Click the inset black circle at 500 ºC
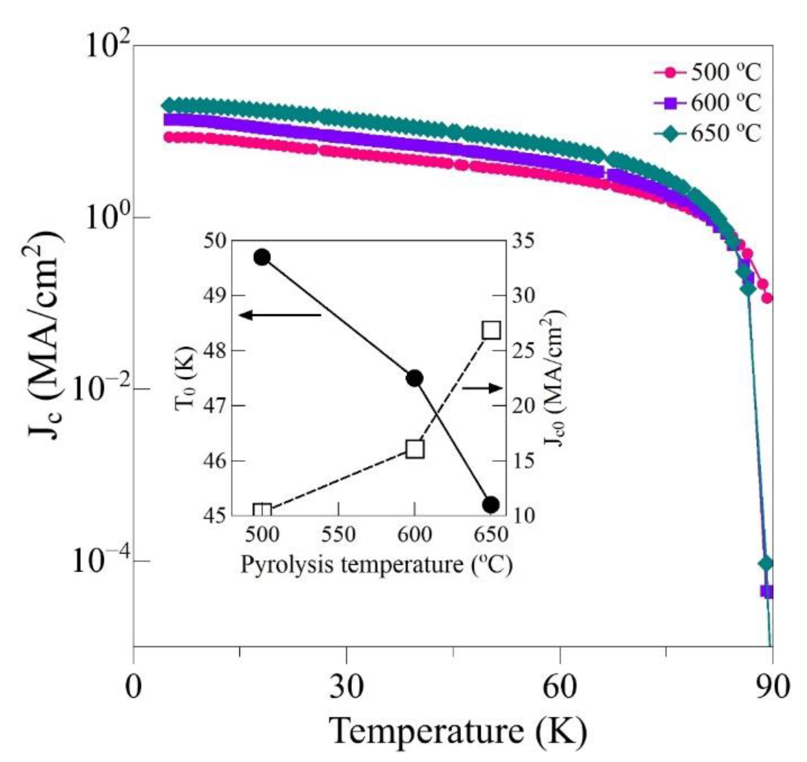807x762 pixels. coord(262,257)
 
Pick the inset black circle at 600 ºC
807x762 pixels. coord(414,378)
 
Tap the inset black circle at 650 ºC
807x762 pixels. coord(491,504)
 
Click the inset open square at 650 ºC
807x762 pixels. coord(491,330)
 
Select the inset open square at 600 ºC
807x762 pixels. coord(415,449)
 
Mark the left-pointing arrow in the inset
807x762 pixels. coord(281,315)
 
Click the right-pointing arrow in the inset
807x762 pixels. coord(482,388)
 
